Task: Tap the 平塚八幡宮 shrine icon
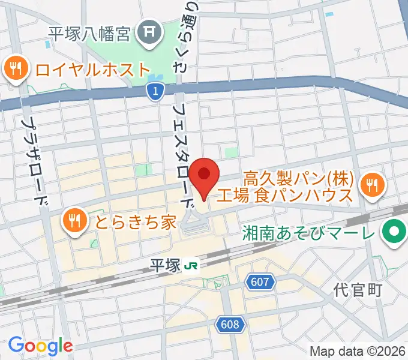tap(148, 31)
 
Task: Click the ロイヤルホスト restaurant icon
tap(14, 68)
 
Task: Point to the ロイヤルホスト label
tap(91, 69)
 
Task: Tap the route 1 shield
tap(155, 91)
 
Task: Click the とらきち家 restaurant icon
tap(74, 221)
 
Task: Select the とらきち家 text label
tap(134, 222)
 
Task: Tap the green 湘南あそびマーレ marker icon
tap(395, 232)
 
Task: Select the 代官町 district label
tap(358, 291)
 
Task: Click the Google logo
tap(40, 345)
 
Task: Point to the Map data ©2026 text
tap(358, 351)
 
